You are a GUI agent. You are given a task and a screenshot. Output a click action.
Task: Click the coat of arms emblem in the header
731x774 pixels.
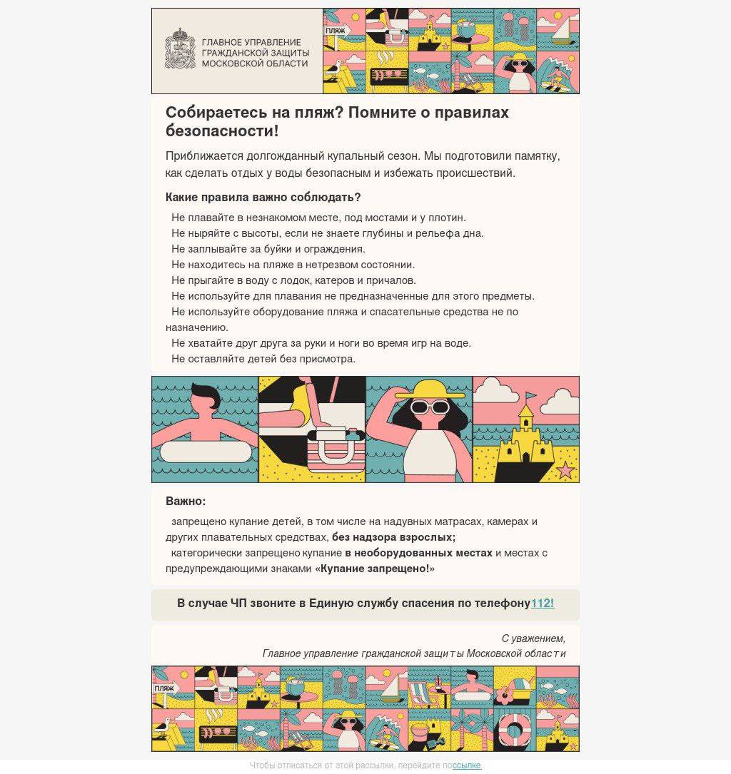tap(180, 49)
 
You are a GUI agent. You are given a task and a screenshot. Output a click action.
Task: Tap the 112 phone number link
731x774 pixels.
tap(543, 604)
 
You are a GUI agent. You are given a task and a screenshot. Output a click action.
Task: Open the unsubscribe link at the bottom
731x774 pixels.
tap(467, 765)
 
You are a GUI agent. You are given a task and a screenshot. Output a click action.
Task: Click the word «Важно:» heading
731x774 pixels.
tap(186, 501)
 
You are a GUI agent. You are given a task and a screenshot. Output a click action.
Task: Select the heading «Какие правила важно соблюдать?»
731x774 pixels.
tap(263, 197)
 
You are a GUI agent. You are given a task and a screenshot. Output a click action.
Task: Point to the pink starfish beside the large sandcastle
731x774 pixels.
tap(565, 470)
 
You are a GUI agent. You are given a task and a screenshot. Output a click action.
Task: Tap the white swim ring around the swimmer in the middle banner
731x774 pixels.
tap(206, 452)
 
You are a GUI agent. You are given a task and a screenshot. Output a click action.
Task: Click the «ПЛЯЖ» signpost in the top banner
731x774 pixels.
tap(336, 31)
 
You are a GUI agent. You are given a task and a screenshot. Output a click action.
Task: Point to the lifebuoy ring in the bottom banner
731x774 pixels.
tap(514, 730)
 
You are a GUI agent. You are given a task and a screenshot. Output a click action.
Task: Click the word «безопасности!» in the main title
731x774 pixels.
tap(221, 131)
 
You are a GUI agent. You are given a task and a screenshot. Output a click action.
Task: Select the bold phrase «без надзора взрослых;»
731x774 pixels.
tap(393, 537)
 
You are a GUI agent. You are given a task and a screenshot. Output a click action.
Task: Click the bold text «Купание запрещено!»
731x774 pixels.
tap(375, 569)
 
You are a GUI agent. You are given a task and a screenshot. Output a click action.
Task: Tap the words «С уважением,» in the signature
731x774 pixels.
tap(533, 638)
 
